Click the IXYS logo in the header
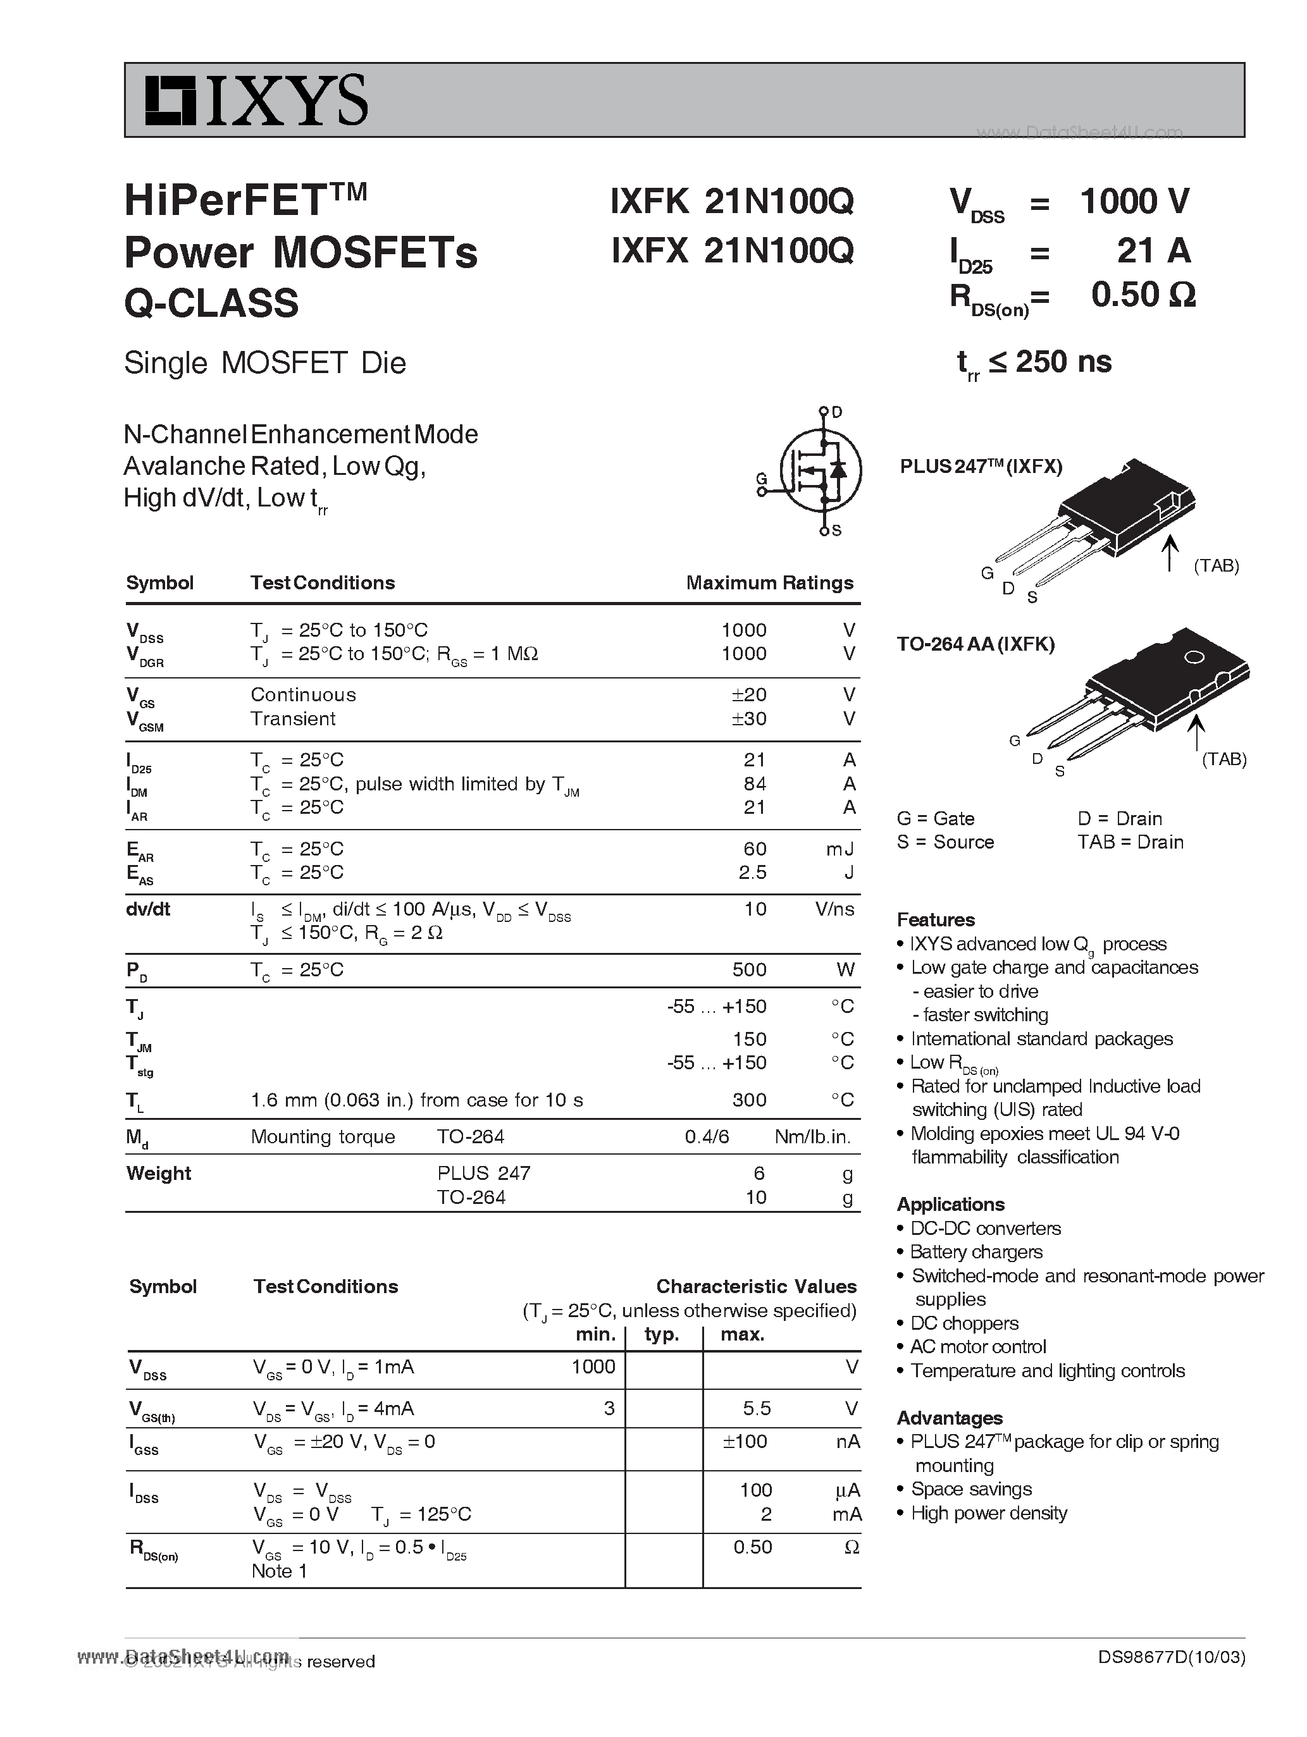coord(256,100)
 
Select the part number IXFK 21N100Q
coord(731,202)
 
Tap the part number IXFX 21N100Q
coord(731,250)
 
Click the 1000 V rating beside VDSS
coord(1134,202)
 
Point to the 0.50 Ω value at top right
coord(1143,295)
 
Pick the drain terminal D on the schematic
coord(836,412)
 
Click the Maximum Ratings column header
coord(769,582)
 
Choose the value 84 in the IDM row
coord(754,783)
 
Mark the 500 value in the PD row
coord(748,970)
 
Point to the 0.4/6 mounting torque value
coord(707,1137)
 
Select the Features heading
coord(936,919)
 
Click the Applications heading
coord(950,1205)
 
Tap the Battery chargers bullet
coord(976,1253)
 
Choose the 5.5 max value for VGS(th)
coord(757,1408)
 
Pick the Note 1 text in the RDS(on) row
coord(279,1571)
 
